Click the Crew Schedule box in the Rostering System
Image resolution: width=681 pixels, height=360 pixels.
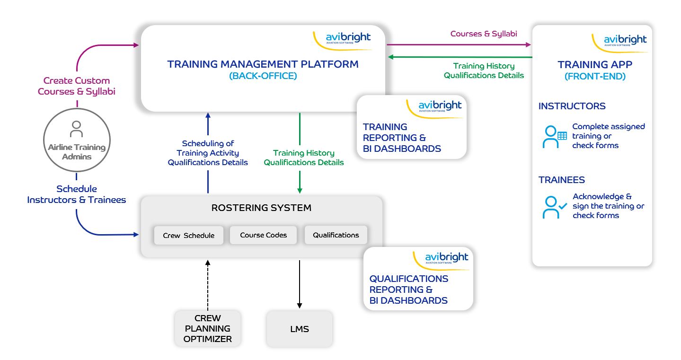(x=188, y=235)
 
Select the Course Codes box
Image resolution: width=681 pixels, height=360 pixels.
(x=263, y=235)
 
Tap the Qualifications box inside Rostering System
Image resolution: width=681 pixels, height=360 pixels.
(x=336, y=235)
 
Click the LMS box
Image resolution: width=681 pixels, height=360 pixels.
(x=299, y=329)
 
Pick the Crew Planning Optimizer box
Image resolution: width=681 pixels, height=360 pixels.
(x=208, y=328)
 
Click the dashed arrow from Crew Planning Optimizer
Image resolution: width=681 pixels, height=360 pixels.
(x=208, y=284)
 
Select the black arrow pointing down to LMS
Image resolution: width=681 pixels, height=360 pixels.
(x=299, y=284)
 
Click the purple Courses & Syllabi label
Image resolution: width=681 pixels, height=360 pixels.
(x=483, y=34)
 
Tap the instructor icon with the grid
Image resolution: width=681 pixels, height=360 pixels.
(x=555, y=137)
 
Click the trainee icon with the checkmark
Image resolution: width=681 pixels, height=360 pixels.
(x=555, y=207)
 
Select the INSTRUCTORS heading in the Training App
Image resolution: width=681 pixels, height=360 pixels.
(x=572, y=106)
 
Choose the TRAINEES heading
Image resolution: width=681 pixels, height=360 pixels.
(x=561, y=180)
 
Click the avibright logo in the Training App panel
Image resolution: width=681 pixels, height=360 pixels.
(x=625, y=40)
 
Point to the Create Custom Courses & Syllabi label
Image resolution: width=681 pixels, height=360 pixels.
(x=76, y=86)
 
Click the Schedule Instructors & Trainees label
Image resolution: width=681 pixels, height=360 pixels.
(x=76, y=194)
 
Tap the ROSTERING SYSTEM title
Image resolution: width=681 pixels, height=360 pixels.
(x=261, y=208)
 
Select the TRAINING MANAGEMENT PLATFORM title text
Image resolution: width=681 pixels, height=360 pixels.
(x=263, y=64)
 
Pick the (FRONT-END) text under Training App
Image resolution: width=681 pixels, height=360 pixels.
(x=595, y=76)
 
